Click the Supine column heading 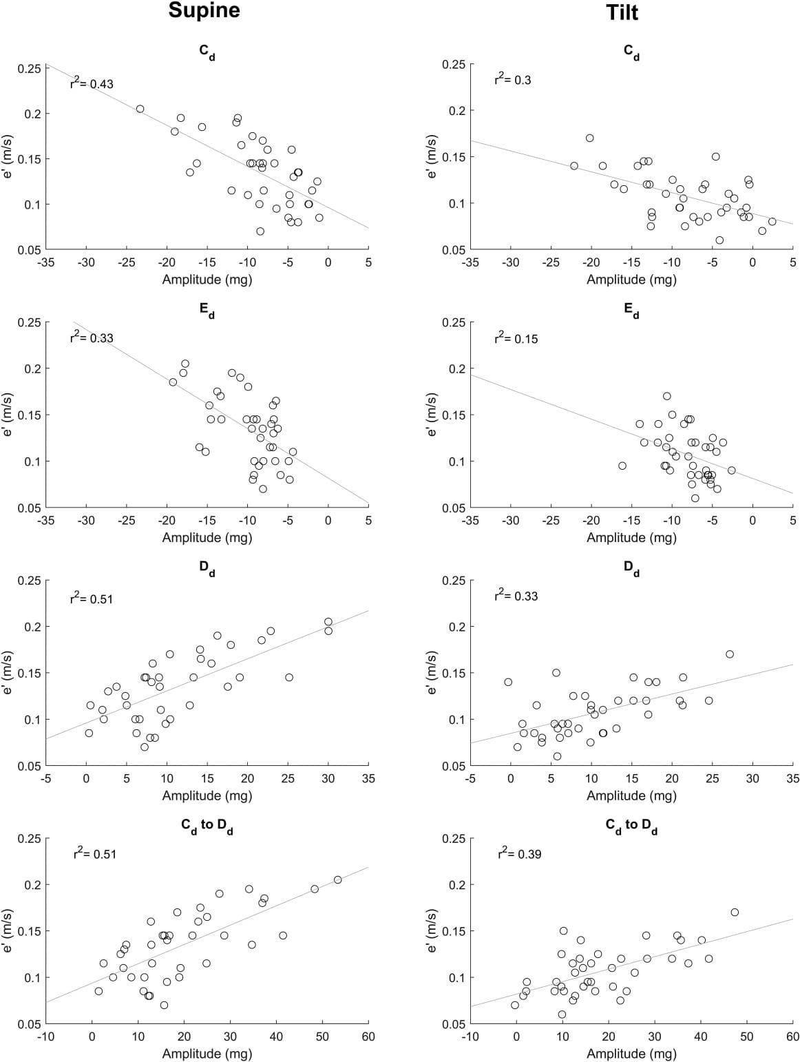(x=204, y=12)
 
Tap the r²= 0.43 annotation (x=92, y=83)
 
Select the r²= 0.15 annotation (x=516, y=338)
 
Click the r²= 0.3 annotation (x=513, y=79)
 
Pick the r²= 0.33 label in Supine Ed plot (x=92, y=337)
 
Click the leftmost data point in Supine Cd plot (x=140, y=109)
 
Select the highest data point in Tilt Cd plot (x=589, y=138)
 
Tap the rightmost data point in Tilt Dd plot (x=729, y=654)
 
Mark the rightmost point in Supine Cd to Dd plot (x=337, y=879)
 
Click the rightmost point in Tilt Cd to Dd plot (x=735, y=912)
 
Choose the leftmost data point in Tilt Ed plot (x=622, y=466)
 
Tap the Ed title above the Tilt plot (x=631, y=311)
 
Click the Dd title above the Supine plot (x=207, y=568)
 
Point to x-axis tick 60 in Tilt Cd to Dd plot (x=792, y=1037)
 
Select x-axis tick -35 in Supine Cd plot (x=46, y=262)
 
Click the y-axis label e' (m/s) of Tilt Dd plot (x=432, y=673)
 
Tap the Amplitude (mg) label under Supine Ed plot (x=207, y=537)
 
